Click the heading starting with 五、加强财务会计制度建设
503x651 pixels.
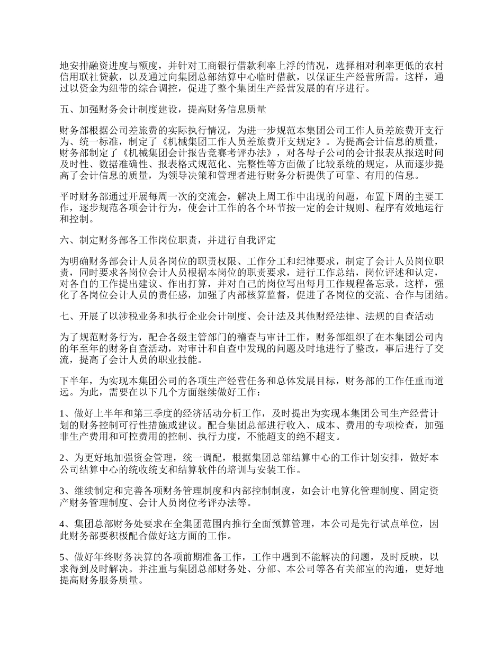(163, 110)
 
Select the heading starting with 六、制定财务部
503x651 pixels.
(168, 240)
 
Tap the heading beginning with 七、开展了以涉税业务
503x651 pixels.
(247, 317)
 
